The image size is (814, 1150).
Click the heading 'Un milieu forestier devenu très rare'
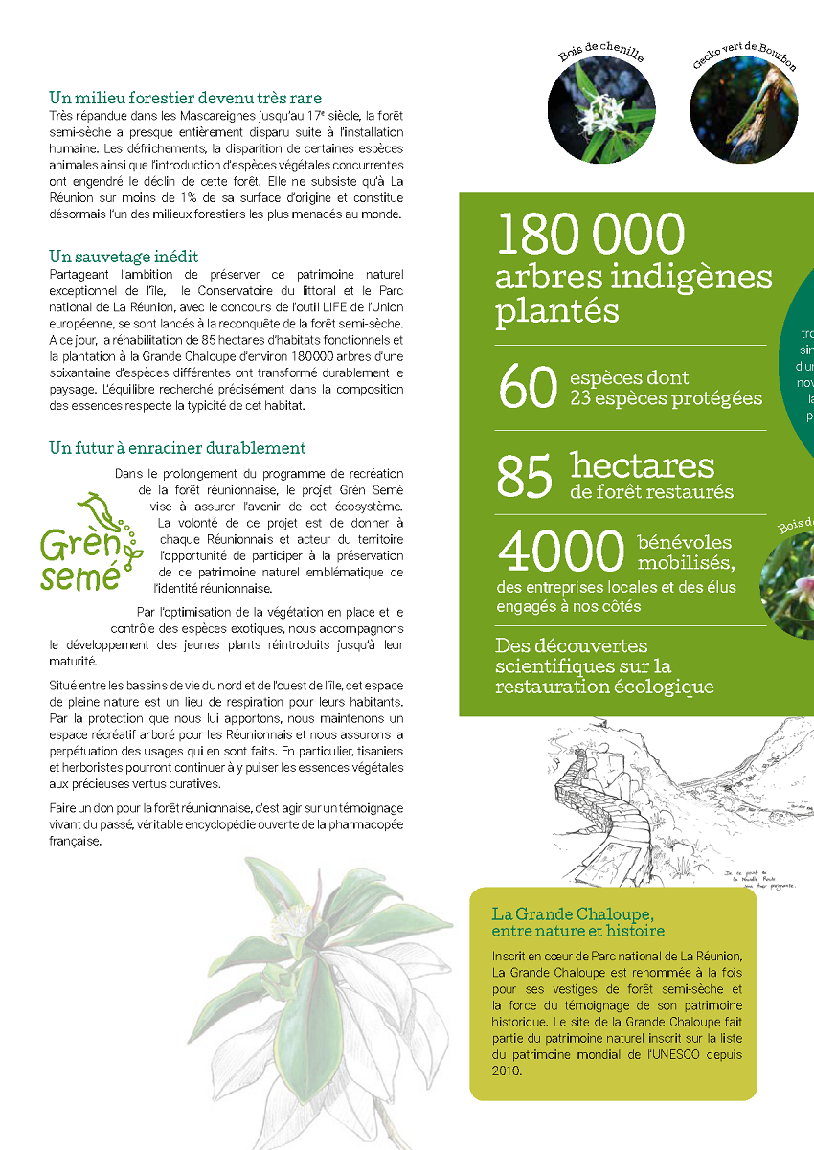tap(185, 98)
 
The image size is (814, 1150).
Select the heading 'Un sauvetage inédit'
tap(124, 257)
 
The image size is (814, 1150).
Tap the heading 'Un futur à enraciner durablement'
tap(177, 448)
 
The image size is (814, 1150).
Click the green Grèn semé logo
tap(88, 543)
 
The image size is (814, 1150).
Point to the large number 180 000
tap(591, 235)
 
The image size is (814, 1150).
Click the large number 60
tap(527, 388)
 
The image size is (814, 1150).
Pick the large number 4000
tap(561, 552)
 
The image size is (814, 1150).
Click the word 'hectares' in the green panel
tap(643, 466)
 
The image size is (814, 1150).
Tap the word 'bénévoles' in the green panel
tap(684, 543)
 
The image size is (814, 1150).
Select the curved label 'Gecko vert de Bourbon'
tap(744, 55)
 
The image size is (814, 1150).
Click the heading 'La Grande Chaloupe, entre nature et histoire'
tap(577, 922)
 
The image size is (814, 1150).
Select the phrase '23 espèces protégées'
tap(667, 398)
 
